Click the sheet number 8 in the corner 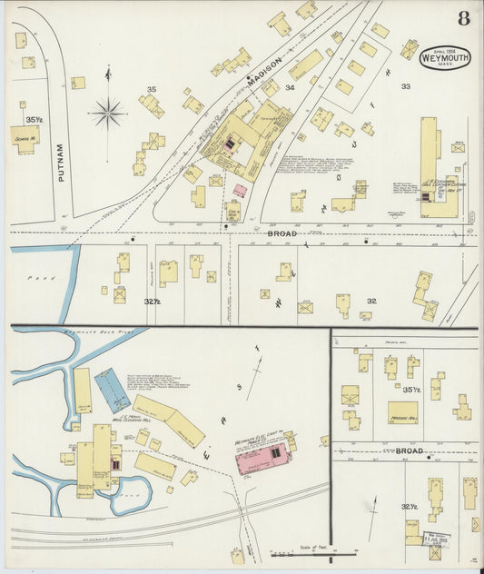464,17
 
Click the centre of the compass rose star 108,114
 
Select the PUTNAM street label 61,163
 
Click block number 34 290,88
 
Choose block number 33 406,86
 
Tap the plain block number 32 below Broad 371,301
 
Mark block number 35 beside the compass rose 152,89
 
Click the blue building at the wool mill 113,390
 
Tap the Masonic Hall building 402,412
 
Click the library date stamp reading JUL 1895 440,538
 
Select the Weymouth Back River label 95,333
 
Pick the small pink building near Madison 240,191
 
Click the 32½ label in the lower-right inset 410,506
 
